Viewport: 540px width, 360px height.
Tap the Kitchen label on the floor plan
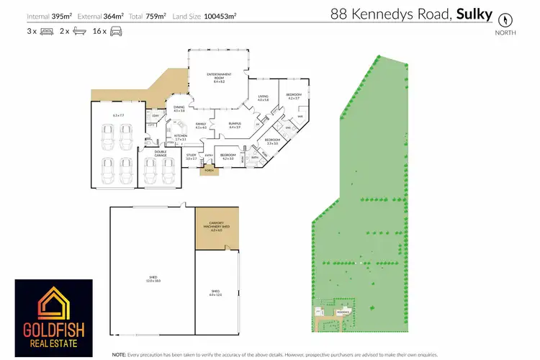tap(180, 137)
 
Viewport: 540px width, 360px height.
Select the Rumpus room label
tap(234, 125)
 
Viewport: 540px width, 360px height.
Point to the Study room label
tap(191, 156)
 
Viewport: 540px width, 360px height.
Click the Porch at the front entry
tap(210, 171)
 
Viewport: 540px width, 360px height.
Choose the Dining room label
tap(179, 109)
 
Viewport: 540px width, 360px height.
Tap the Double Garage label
tap(160, 153)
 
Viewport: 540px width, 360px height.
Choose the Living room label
tap(263, 97)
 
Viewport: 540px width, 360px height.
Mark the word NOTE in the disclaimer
tap(120, 355)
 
